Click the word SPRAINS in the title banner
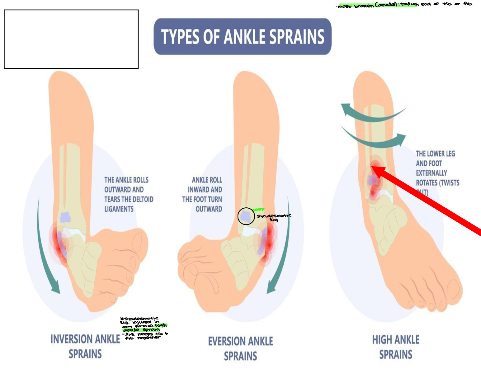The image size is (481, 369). (297, 37)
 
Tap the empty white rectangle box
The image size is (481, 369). (71, 39)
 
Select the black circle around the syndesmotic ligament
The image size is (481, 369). (246, 216)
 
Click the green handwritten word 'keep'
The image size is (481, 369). (259, 209)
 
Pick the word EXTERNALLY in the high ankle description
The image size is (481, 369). (431, 173)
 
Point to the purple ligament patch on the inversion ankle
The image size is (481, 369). (65, 217)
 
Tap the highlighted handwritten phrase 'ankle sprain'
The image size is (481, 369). (142, 330)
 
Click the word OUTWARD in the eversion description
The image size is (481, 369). (209, 209)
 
